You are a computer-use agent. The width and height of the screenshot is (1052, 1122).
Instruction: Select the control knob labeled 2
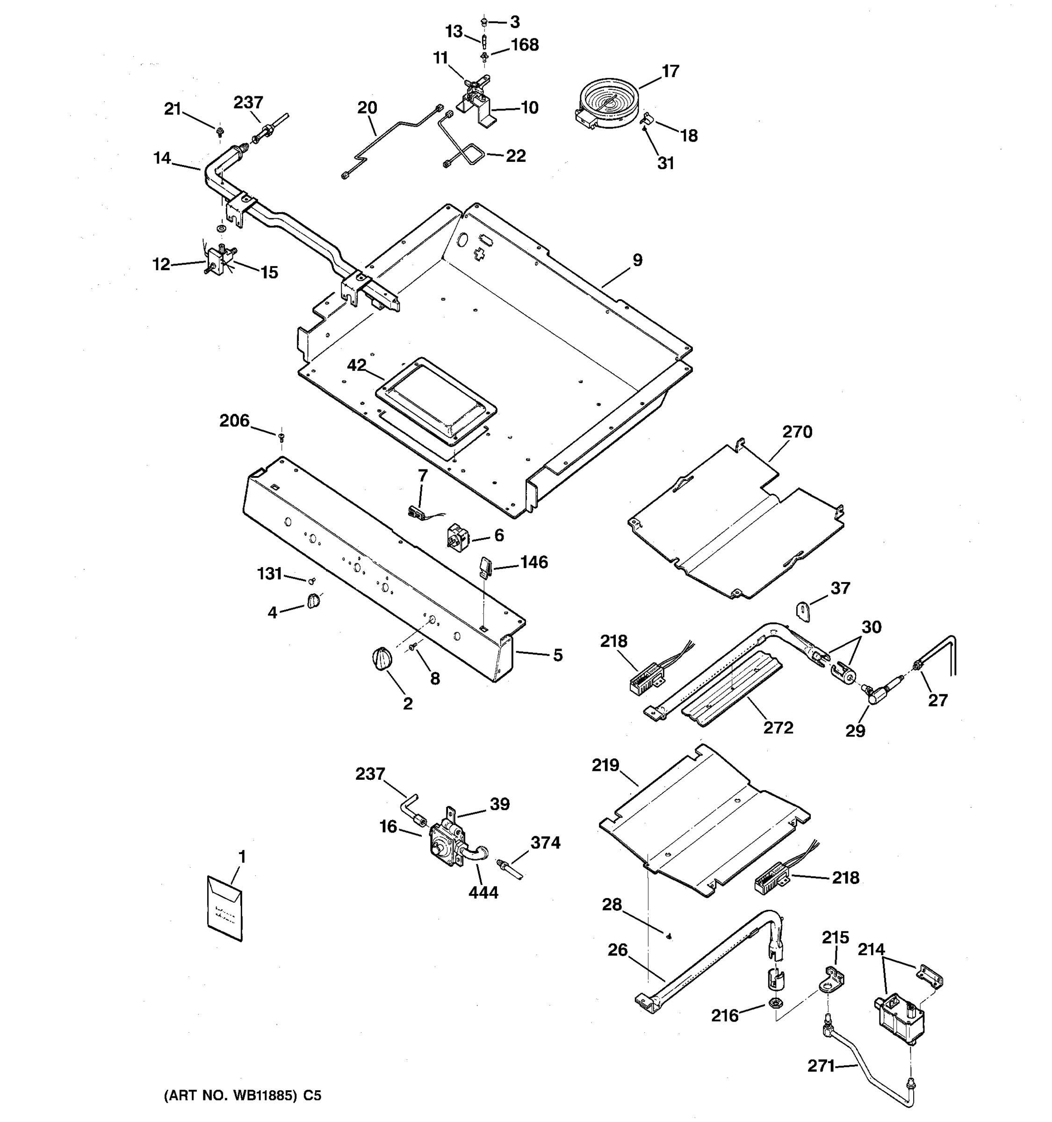(382, 659)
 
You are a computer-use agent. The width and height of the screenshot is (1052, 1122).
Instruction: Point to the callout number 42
(356, 365)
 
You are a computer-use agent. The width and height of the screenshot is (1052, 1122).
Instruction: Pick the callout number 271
(821, 1065)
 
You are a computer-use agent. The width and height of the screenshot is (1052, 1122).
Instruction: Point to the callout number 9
(637, 260)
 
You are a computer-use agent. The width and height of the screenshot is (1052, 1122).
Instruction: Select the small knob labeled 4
(314, 602)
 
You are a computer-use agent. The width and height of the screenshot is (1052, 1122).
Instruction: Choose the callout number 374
(545, 842)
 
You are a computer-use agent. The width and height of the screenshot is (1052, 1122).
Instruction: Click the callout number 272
(778, 727)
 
